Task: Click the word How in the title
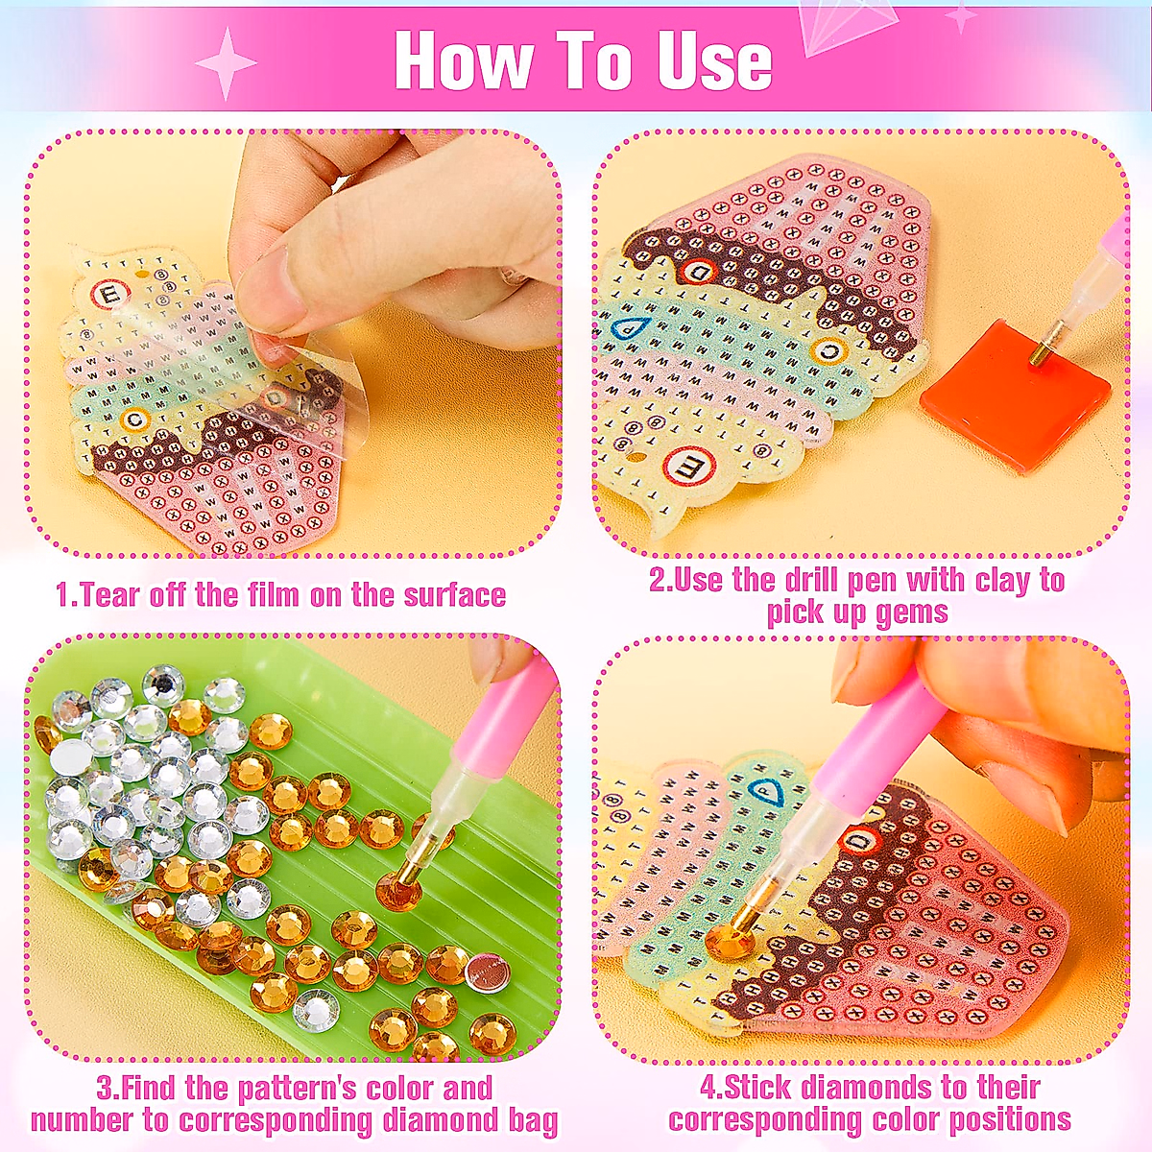click(x=464, y=62)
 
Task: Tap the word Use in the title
click(x=714, y=62)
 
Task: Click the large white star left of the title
click(x=226, y=63)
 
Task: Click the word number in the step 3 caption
click(x=81, y=1120)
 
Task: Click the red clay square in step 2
click(x=1014, y=394)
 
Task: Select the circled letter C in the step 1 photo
click(x=134, y=419)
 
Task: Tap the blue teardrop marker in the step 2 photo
click(x=627, y=327)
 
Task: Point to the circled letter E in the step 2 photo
click(x=685, y=468)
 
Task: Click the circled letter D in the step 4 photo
click(x=860, y=842)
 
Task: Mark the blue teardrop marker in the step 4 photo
click(x=765, y=793)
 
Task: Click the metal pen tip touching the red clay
click(x=1037, y=355)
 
